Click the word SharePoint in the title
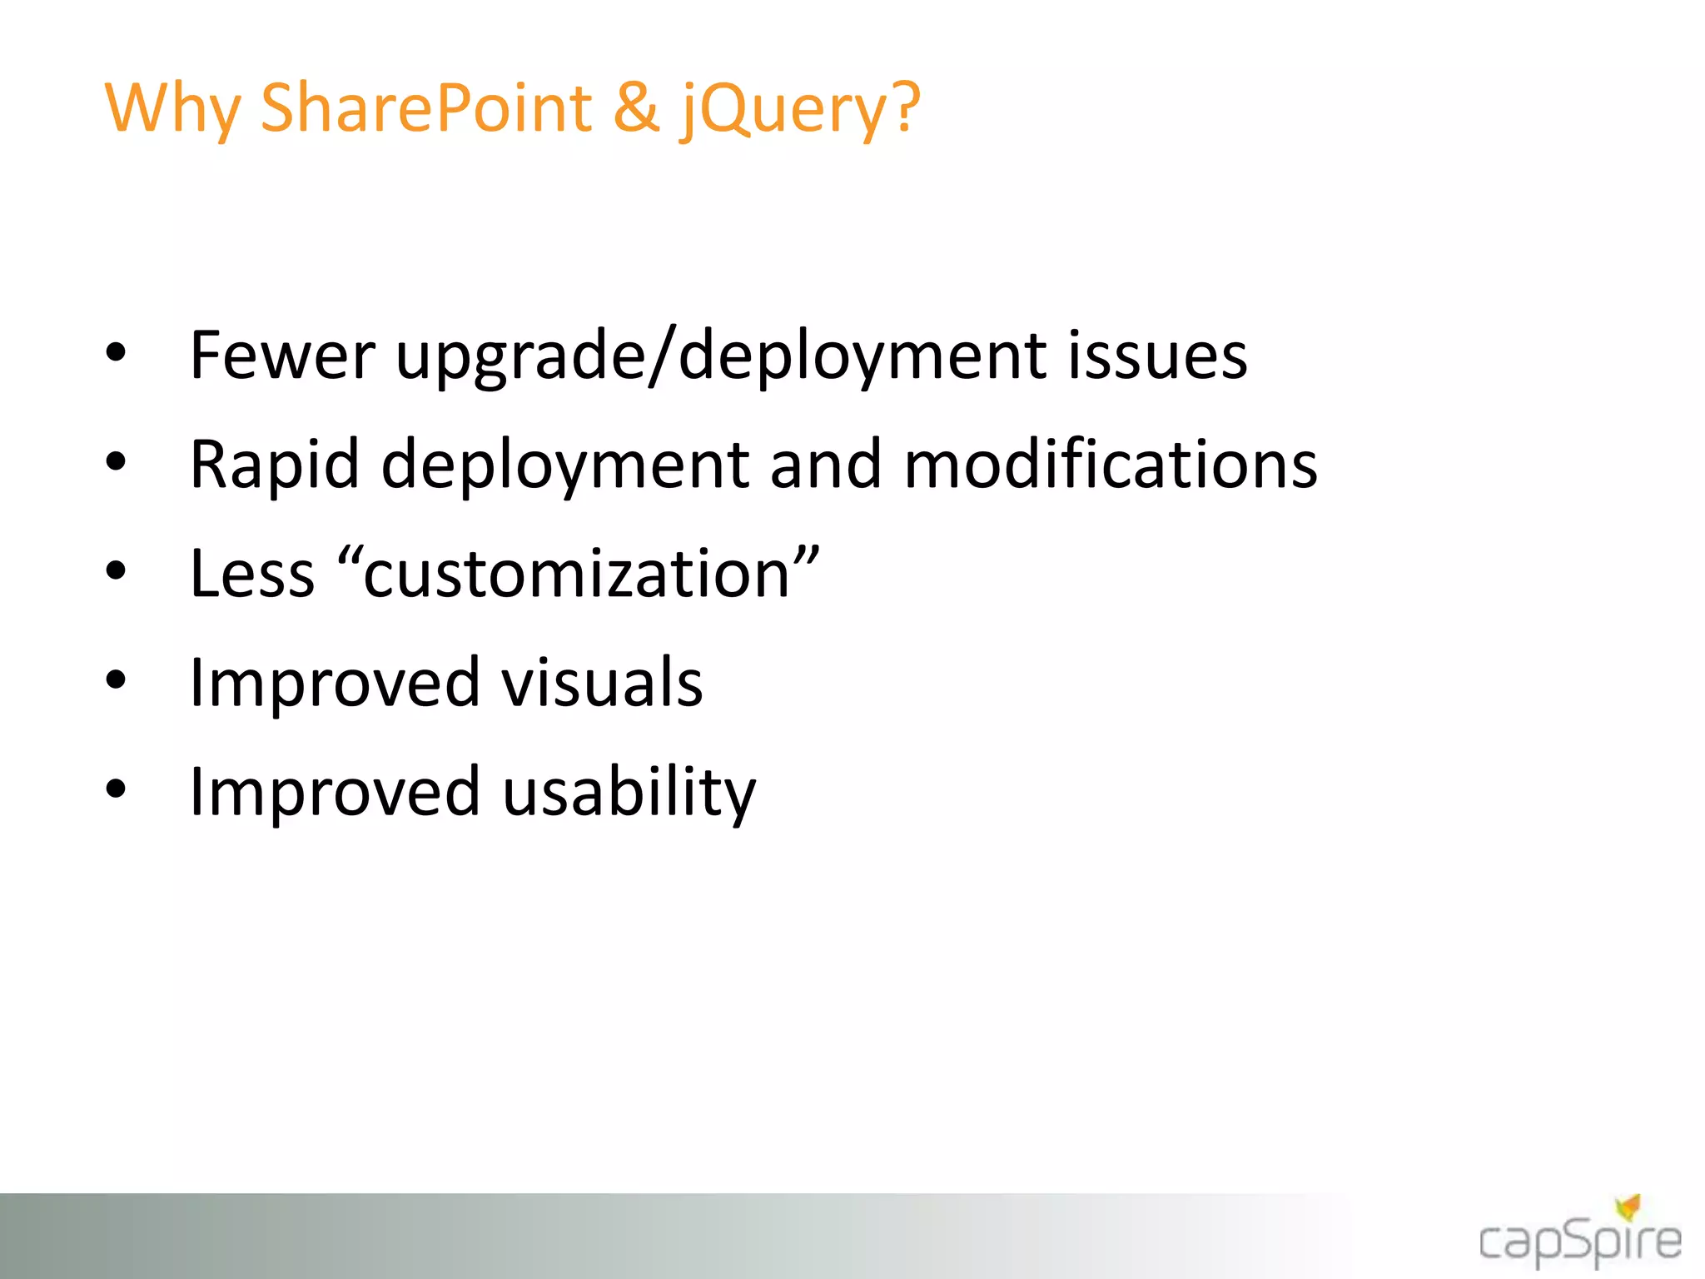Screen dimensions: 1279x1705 (x=425, y=108)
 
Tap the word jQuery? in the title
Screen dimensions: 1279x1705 (x=800, y=111)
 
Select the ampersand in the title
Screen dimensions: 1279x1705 (x=636, y=108)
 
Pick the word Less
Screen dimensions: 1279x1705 (x=252, y=574)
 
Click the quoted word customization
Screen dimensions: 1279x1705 (x=578, y=574)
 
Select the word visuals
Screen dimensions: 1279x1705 (x=602, y=683)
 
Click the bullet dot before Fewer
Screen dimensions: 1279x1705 (x=116, y=353)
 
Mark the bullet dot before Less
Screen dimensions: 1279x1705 (x=116, y=571)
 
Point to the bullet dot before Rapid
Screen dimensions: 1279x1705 (x=116, y=462)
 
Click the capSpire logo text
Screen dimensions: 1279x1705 (x=1579, y=1243)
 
